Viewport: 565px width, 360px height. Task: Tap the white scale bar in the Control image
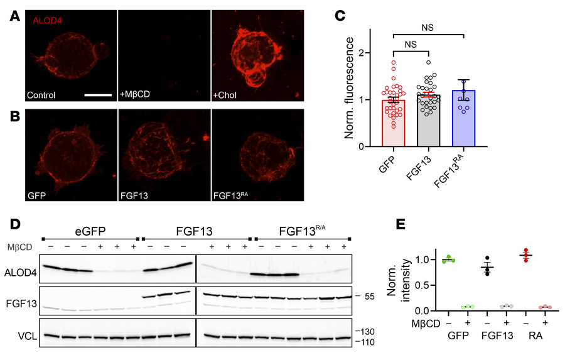pos(97,95)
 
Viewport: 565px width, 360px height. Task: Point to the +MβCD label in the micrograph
pos(134,95)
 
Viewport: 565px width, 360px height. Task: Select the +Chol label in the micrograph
pos(228,95)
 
